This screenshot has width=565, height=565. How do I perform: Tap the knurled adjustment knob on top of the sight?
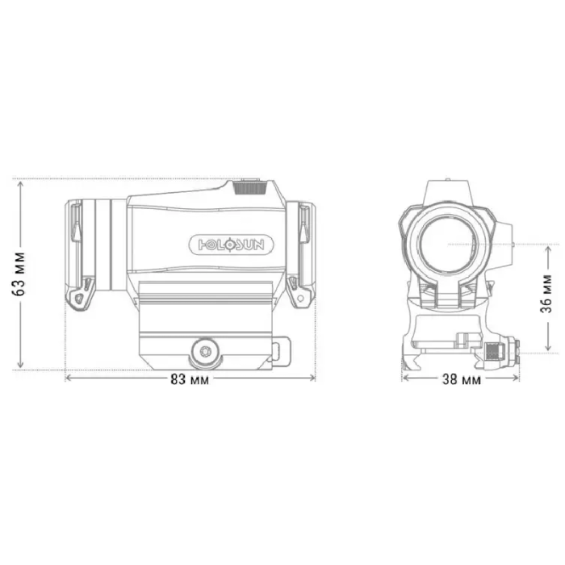click(x=252, y=188)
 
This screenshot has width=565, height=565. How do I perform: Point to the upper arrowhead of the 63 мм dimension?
click(x=22, y=180)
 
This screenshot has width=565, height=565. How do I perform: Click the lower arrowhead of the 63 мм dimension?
click(x=22, y=366)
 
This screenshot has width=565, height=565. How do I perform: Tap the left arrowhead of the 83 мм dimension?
click(x=67, y=378)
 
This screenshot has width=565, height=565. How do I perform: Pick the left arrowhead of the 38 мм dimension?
click(x=404, y=378)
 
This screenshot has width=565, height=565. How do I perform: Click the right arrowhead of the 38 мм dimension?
click(x=513, y=378)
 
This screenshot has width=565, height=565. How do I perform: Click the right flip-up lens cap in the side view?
click(x=302, y=252)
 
